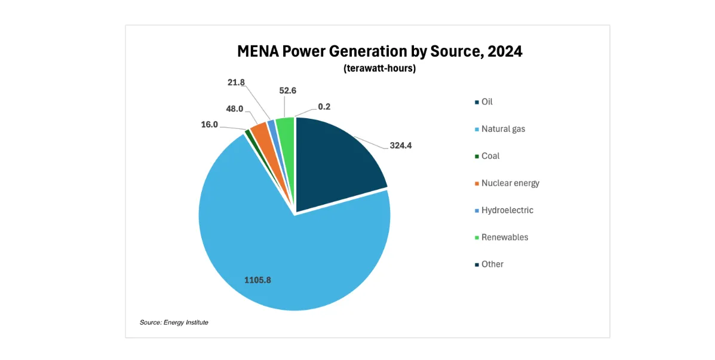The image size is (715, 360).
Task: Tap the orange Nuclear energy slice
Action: pos(260,130)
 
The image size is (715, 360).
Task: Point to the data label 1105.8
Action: pos(257,279)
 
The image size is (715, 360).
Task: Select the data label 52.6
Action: pos(287,91)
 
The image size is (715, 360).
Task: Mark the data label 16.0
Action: pos(209,125)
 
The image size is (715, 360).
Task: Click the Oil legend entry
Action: pos(487,102)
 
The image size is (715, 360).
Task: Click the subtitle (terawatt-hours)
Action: pos(379,68)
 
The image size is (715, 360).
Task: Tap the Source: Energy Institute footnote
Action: pos(174,322)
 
